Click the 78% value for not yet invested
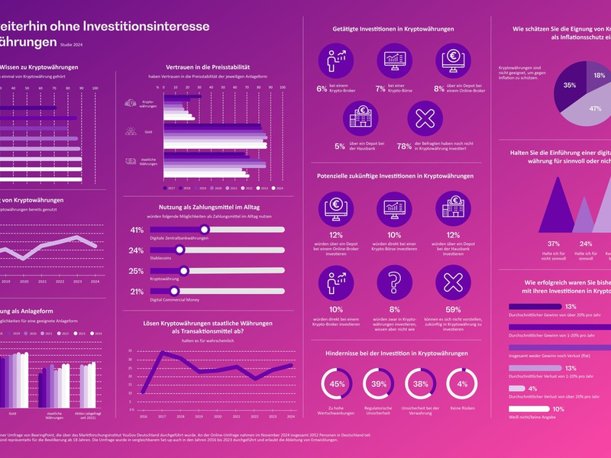click(x=405, y=146)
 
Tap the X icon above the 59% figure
click(x=453, y=282)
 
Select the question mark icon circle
click(x=394, y=282)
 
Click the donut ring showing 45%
click(x=337, y=384)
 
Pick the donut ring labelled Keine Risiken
click(x=462, y=384)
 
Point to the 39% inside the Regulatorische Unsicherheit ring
click(x=379, y=384)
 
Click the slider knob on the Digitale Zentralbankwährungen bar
click(x=204, y=230)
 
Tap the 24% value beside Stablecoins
click(x=137, y=250)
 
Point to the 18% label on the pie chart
click(x=599, y=76)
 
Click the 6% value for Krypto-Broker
click(x=322, y=89)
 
